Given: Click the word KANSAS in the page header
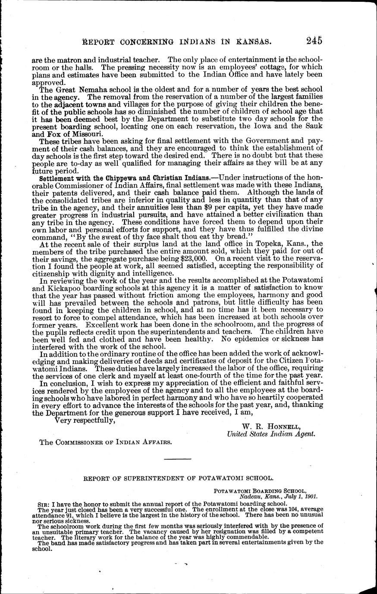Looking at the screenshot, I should [253, 41].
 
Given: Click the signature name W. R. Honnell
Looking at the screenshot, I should [270, 427].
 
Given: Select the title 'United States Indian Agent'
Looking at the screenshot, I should [271, 434].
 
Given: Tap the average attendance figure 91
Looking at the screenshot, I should [68, 515].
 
